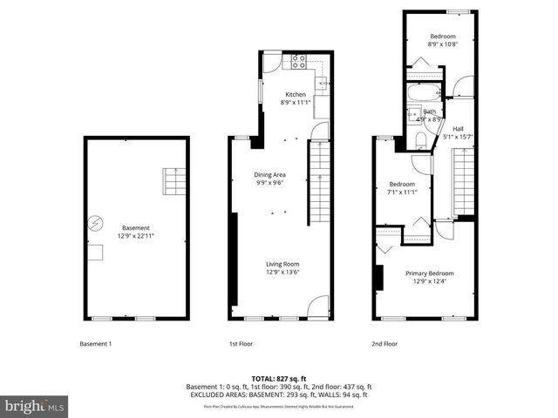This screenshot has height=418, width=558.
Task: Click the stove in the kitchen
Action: coord(298,62)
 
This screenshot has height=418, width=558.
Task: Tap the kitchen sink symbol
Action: coord(320,84)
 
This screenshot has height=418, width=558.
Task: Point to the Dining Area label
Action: coord(269,174)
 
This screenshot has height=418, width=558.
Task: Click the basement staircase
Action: coord(174,182)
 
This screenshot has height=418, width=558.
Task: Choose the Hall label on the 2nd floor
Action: coord(458,129)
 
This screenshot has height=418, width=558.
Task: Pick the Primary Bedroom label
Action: coord(430,273)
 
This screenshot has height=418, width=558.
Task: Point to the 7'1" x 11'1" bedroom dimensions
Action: coord(403,192)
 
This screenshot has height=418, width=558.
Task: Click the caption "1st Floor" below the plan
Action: coord(241,343)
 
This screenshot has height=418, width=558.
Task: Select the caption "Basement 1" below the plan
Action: coord(96,343)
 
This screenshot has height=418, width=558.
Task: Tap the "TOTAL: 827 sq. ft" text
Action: coord(278,378)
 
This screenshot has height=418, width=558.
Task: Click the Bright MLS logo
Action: coord(35,406)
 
